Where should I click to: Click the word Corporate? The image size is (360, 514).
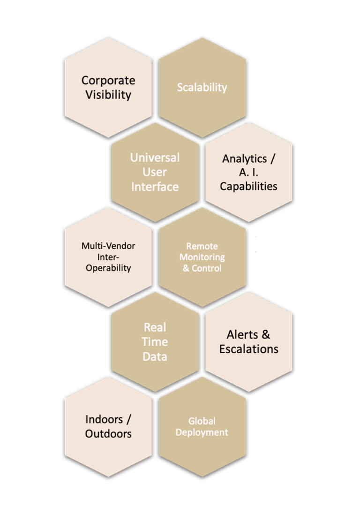[x=108, y=81]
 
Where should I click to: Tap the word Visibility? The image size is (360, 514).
[x=108, y=95]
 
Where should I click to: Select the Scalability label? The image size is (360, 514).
[x=202, y=87]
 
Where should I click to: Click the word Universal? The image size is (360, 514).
[x=155, y=158]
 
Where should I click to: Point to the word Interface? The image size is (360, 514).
[x=155, y=187]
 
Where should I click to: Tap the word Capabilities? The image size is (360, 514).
[x=248, y=186]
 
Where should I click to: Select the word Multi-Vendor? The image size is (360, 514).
[x=108, y=246]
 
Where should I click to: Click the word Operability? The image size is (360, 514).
[x=108, y=268]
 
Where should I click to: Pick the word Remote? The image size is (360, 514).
[x=202, y=246]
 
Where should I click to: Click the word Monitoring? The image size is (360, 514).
[x=202, y=257]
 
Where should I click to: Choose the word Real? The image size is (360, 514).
[x=155, y=327]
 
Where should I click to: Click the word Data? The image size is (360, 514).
[x=155, y=356]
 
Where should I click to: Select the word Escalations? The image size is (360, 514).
[x=248, y=349]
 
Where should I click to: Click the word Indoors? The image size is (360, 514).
[x=104, y=419]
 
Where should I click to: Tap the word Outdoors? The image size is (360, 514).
[x=108, y=434]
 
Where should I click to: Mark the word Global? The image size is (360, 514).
[x=202, y=421]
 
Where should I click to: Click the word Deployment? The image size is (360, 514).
[x=202, y=432]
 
